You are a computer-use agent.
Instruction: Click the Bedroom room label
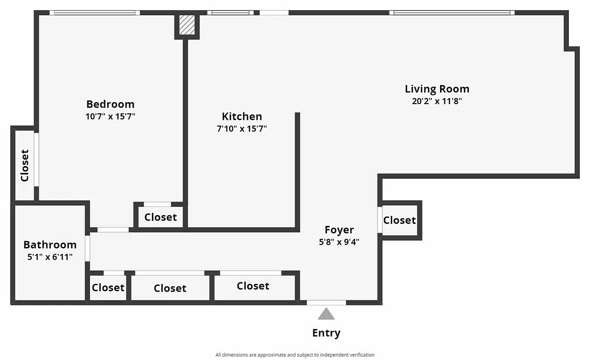click(x=110, y=104)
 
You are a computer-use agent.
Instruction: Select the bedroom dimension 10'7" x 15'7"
click(x=110, y=117)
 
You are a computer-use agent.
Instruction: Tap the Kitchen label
click(x=242, y=117)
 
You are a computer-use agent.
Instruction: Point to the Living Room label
click(x=437, y=89)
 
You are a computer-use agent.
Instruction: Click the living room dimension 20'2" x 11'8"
click(x=437, y=101)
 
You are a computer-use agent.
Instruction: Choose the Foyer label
click(x=339, y=230)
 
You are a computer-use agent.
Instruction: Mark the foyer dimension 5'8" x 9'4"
click(x=339, y=242)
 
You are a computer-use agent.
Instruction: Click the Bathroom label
click(x=50, y=245)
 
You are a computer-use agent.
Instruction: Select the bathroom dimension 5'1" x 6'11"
click(x=50, y=257)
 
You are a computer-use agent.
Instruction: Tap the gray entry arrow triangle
click(x=326, y=314)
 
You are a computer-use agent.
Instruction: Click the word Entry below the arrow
click(x=326, y=333)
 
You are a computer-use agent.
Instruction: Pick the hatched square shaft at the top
click(x=186, y=25)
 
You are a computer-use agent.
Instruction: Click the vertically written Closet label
click(x=25, y=165)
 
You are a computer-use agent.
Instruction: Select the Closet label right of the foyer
click(x=399, y=220)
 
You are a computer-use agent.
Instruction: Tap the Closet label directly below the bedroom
click(x=161, y=217)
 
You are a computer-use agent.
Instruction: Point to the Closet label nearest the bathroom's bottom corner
click(x=108, y=288)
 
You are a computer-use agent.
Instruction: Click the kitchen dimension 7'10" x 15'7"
click(x=242, y=129)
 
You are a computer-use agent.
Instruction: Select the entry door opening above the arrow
click(x=327, y=303)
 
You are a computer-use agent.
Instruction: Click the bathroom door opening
click(x=87, y=248)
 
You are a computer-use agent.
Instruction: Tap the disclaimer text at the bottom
click(x=295, y=355)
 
